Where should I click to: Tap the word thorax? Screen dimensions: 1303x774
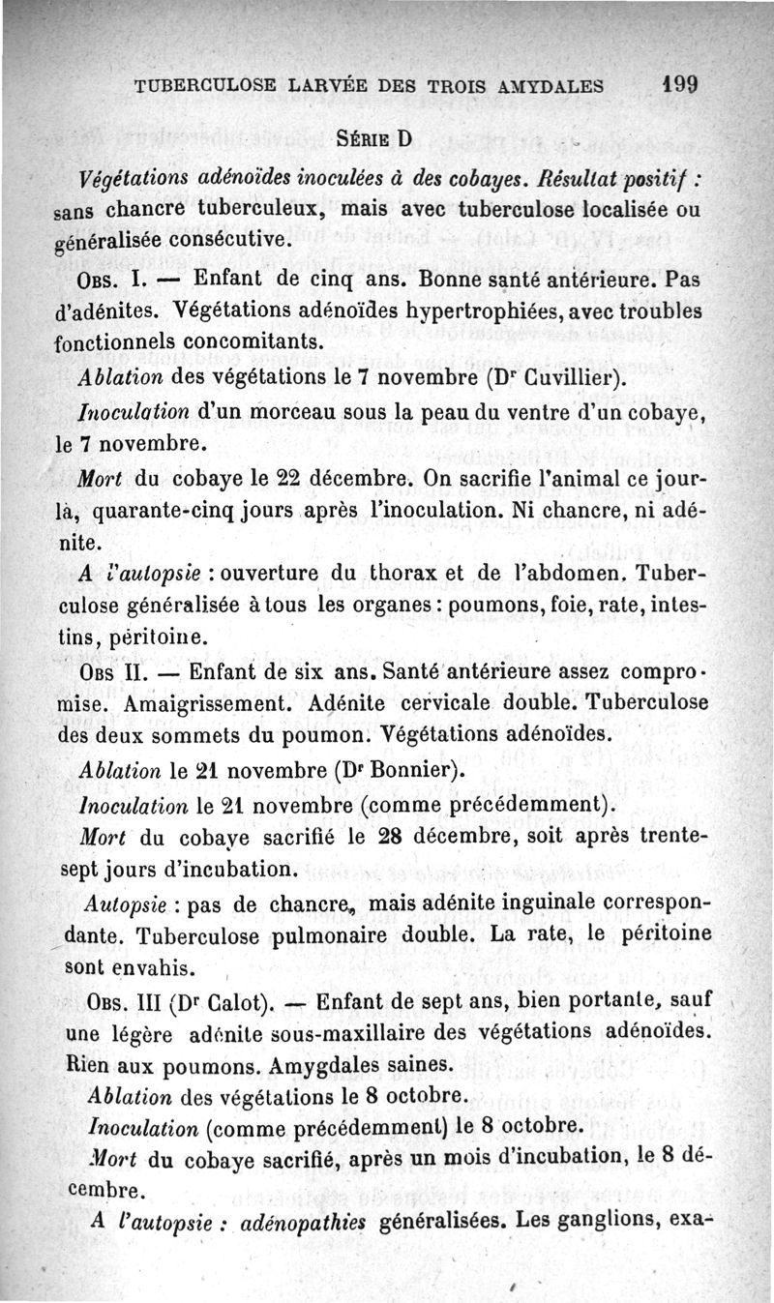point(411,574)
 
